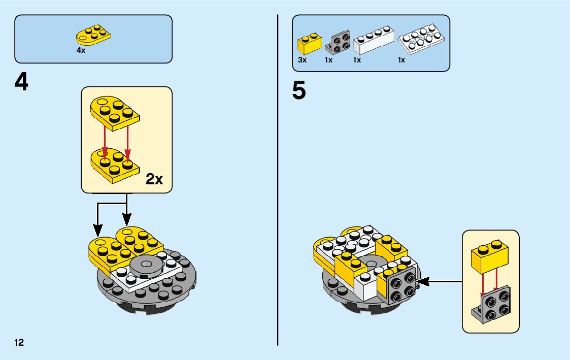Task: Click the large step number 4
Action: click(x=21, y=83)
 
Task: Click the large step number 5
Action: click(x=299, y=91)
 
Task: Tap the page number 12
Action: click(x=19, y=342)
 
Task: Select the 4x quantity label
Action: click(x=81, y=51)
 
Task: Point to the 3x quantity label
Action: click(x=302, y=60)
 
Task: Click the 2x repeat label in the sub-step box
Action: click(x=154, y=179)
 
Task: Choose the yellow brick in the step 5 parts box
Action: click(x=309, y=44)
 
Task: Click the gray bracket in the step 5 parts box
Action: click(x=338, y=43)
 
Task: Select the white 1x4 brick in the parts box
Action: click(x=373, y=42)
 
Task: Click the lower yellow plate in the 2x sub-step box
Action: click(x=114, y=164)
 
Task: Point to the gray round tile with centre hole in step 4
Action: click(x=148, y=265)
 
